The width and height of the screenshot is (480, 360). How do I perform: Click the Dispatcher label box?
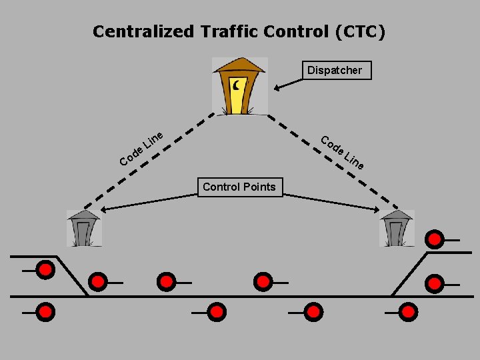(x=335, y=70)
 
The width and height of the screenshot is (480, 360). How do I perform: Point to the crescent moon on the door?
(x=237, y=85)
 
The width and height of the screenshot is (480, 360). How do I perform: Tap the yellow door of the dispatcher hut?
(x=238, y=97)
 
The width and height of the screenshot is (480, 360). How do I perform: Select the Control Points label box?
(x=239, y=187)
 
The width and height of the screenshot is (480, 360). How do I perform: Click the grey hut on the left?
(x=84, y=228)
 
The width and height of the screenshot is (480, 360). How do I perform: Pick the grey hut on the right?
(x=397, y=228)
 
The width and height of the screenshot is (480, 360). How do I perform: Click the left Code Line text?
(x=141, y=149)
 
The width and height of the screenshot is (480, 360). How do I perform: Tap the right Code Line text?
(x=342, y=153)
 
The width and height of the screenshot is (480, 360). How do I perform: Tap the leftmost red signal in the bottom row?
(x=45, y=311)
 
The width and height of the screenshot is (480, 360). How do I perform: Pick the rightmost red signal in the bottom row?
(x=407, y=311)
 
